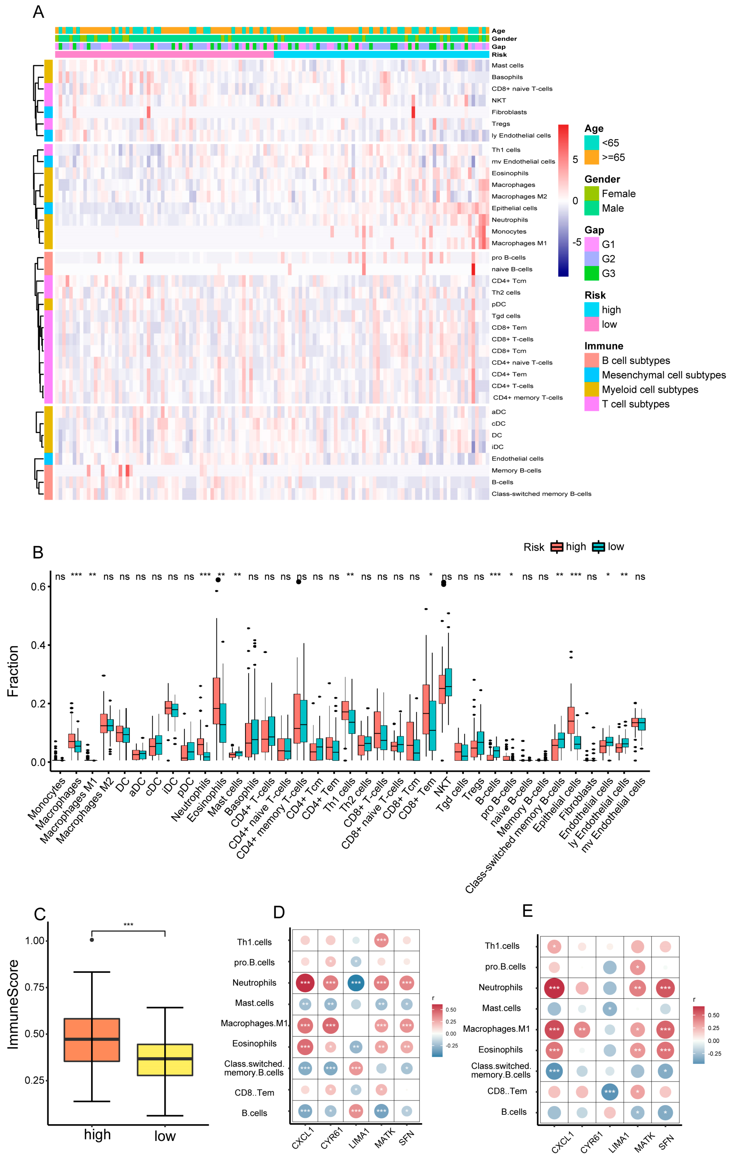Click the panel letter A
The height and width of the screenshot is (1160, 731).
pyautogui.click(x=38, y=12)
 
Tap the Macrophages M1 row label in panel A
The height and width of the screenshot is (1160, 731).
pyautogui.click(x=519, y=243)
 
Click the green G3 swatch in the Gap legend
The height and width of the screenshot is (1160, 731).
pyautogui.click(x=591, y=273)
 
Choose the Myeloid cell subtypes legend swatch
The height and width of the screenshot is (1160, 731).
pyautogui.click(x=591, y=389)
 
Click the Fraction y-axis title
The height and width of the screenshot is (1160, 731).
pyautogui.click(x=13, y=671)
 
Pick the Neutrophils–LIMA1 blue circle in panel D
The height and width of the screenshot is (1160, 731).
pyautogui.click(x=356, y=983)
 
